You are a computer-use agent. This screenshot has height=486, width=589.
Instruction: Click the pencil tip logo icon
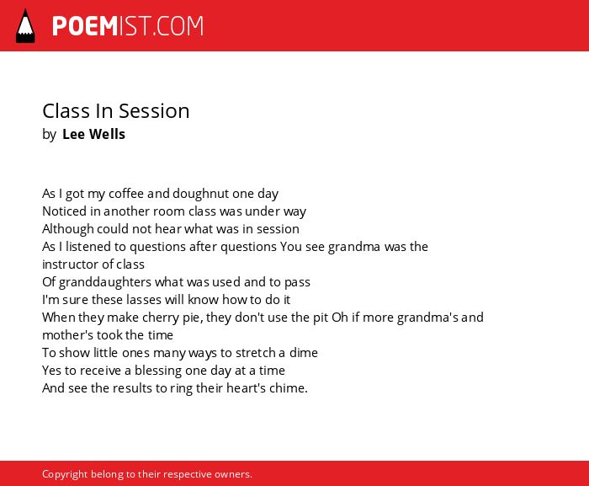[x=25, y=26]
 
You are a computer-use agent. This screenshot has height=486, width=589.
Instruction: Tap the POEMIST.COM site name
[x=128, y=26]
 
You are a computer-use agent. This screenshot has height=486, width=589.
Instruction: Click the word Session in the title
[x=154, y=111]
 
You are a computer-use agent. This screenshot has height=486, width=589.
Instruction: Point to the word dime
[x=304, y=353]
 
